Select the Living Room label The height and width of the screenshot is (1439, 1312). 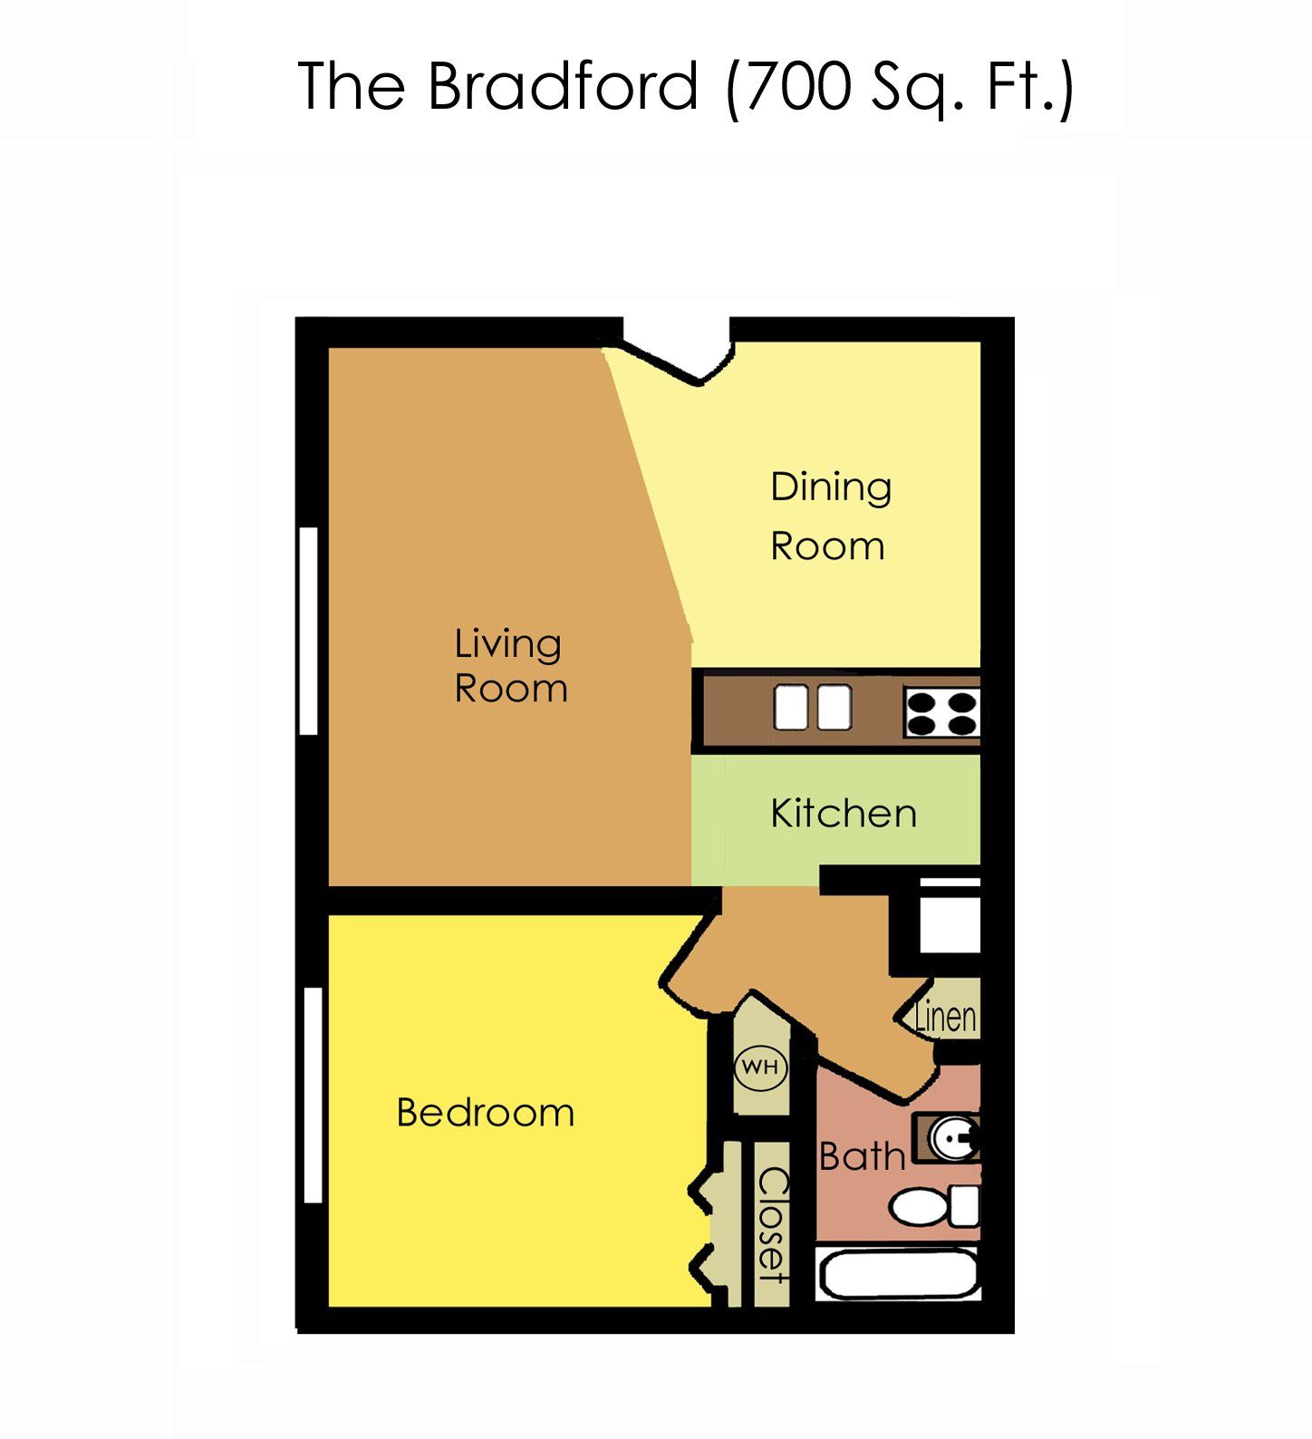(x=509, y=666)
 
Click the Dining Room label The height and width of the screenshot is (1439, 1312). (x=830, y=517)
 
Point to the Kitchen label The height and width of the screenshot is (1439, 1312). (x=843, y=814)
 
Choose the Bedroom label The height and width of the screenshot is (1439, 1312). (x=486, y=1113)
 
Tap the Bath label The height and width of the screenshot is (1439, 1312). (x=862, y=1156)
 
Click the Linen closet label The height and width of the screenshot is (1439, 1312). (x=945, y=1017)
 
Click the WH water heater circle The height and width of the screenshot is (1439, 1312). (x=760, y=1067)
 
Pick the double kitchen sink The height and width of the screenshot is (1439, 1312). (x=812, y=708)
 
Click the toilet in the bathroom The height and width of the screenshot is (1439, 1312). (x=933, y=1207)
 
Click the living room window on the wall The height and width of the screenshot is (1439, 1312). (x=309, y=631)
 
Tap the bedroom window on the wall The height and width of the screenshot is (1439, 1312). (x=314, y=1095)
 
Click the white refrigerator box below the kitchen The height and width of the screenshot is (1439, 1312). (x=950, y=922)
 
